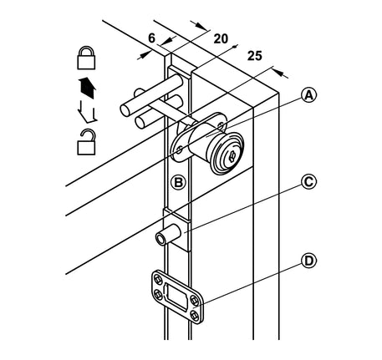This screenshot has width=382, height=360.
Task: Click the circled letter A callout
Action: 309,95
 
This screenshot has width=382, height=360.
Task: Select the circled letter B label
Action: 178,183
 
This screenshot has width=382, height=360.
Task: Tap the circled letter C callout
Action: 309,182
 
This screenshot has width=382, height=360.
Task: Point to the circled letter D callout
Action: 309,261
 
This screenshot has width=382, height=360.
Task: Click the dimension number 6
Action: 151,38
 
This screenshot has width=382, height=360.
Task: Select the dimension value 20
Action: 221,38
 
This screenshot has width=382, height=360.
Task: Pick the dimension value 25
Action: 255,56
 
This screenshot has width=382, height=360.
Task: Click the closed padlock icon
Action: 86,58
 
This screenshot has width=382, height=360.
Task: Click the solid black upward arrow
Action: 88,88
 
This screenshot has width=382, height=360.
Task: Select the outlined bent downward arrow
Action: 87,111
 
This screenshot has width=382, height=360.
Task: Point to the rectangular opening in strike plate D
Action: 177,297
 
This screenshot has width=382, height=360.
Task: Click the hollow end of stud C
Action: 160,240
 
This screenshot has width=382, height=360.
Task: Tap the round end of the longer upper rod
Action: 125,110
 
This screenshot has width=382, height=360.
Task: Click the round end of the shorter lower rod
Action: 140,123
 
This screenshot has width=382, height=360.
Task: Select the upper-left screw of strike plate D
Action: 158,279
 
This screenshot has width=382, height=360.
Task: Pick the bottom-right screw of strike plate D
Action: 195,316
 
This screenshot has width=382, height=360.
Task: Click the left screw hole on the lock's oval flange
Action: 180,150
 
